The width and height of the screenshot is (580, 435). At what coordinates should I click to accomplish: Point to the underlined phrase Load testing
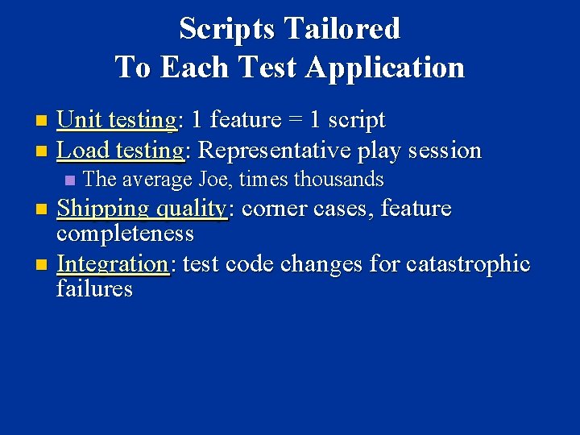click(120, 150)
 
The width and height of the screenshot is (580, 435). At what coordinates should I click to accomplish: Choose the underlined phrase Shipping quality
click(142, 209)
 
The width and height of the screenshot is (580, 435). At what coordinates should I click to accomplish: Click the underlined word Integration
click(112, 263)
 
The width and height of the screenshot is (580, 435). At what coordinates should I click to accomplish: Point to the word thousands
click(338, 179)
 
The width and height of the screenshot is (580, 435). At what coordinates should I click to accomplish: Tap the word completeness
click(125, 234)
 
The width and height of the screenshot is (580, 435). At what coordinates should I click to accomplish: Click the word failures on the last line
click(94, 288)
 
